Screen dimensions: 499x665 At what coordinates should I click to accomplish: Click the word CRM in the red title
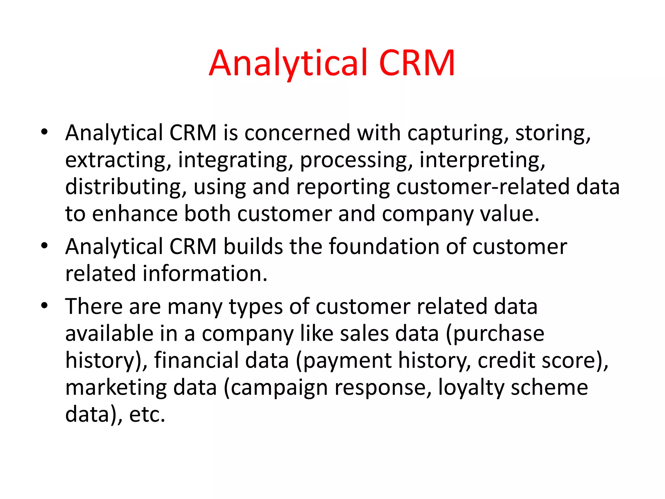pyautogui.click(x=417, y=63)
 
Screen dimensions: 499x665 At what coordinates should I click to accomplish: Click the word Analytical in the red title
pyautogui.click(x=288, y=63)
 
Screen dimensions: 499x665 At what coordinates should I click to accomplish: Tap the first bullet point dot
pyautogui.click(x=44, y=132)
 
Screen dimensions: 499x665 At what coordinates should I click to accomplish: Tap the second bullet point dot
pyautogui.click(x=44, y=246)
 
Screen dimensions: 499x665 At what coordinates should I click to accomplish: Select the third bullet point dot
pyautogui.click(x=44, y=305)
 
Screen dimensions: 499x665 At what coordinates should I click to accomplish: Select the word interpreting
pyautogui.click(x=482, y=160)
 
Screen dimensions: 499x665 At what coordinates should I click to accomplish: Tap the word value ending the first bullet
pyautogui.click(x=508, y=214)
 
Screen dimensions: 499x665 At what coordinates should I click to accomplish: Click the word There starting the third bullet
pyautogui.click(x=94, y=307)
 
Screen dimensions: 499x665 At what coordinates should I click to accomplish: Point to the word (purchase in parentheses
pyautogui.click(x=495, y=334)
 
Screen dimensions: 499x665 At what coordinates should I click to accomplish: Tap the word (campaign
pyautogui.click(x=276, y=388)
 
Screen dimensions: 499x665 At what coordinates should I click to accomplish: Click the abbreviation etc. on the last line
pyautogui.click(x=147, y=415)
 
